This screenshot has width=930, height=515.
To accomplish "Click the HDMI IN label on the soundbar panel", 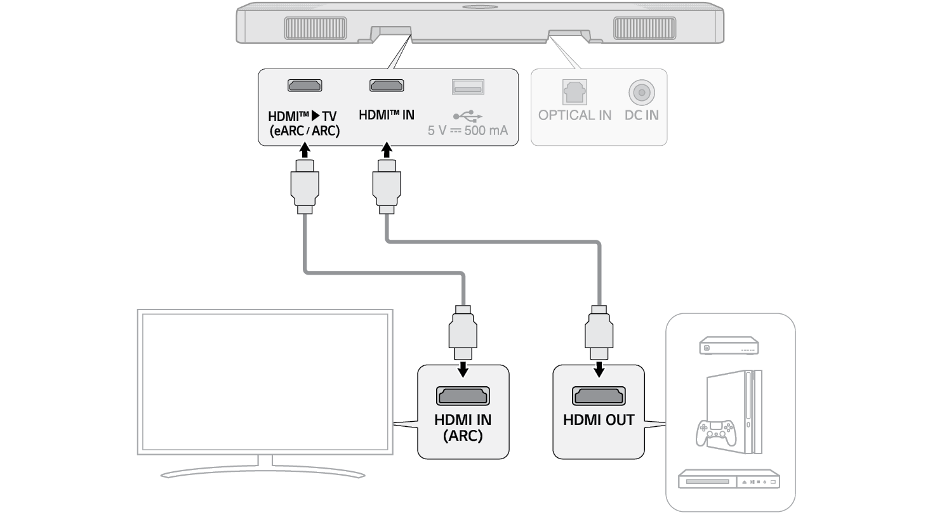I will pos(387,115).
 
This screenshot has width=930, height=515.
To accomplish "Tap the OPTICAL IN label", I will pos(575,115).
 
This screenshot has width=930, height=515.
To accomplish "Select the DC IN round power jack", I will pos(642,93).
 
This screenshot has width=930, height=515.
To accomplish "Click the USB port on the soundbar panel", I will pos(468,86).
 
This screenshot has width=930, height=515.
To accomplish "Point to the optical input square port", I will pos(575,92).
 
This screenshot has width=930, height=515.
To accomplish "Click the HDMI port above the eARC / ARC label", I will pos(305,86).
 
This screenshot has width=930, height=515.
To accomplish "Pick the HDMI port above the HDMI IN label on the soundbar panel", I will pos(387,86).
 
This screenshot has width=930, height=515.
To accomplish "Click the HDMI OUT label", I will pos(599,420).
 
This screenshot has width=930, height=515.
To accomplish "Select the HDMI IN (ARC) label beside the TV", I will pos(463,427).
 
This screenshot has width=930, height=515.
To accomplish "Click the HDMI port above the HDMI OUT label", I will pos(599,396).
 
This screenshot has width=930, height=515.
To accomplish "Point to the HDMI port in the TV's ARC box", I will pos(463,396).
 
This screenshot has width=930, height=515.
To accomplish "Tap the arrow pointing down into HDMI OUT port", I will pos(599,368).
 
